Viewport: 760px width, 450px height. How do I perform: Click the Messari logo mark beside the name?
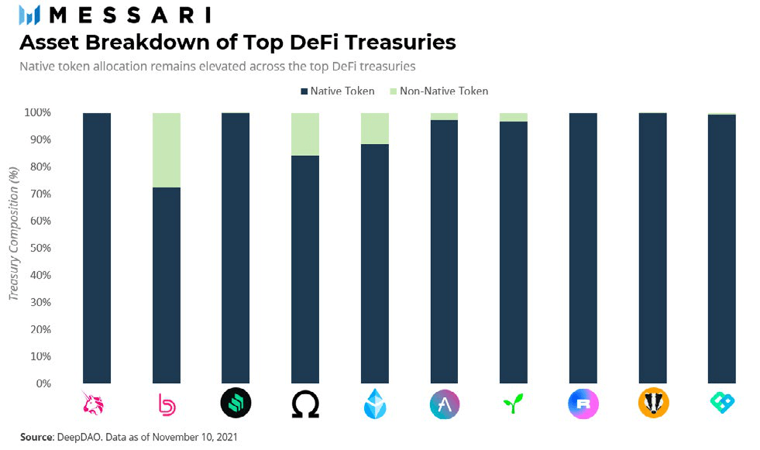[29, 14]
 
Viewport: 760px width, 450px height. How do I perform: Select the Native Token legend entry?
[337, 91]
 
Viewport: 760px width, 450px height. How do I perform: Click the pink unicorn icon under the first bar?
[97, 404]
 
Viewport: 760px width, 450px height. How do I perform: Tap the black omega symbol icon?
[305, 404]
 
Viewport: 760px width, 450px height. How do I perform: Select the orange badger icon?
[653, 404]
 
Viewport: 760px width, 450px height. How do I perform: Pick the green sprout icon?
[514, 404]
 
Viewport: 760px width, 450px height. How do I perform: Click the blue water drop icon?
[375, 404]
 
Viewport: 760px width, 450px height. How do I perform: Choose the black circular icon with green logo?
[236, 404]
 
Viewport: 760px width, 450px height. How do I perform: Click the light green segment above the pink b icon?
[167, 150]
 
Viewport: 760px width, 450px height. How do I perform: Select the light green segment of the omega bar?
[305, 134]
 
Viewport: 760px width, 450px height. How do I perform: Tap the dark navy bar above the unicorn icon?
[97, 248]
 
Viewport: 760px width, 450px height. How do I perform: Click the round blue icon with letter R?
[583, 404]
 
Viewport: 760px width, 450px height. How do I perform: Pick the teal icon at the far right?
[722, 404]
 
